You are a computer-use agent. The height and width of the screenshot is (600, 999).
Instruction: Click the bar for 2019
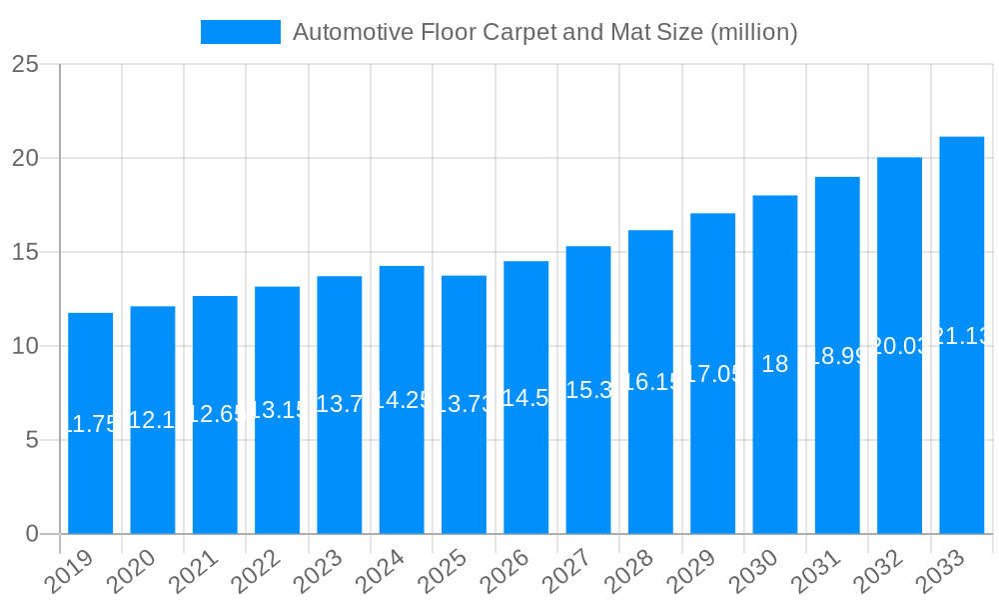click(90, 470)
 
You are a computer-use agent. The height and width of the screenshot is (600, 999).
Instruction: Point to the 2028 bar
click(650, 460)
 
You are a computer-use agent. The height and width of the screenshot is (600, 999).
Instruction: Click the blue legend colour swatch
click(240, 32)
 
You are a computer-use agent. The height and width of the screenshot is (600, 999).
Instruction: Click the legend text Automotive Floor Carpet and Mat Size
click(544, 32)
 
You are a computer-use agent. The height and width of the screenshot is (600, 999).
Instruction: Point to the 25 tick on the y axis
click(25, 65)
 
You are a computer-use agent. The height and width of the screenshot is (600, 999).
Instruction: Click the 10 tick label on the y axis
click(25, 346)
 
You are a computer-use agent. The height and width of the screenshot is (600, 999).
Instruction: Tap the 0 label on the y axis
click(32, 534)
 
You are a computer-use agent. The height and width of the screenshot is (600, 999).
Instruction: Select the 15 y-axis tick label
click(25, 252)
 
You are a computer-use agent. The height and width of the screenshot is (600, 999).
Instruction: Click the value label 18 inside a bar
click(774, 364)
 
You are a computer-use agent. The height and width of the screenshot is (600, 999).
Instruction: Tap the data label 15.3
click(588, 390)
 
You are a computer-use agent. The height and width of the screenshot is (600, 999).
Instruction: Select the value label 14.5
click(525, 398)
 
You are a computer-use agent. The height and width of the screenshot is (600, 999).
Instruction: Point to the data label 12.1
click(152, 420)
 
